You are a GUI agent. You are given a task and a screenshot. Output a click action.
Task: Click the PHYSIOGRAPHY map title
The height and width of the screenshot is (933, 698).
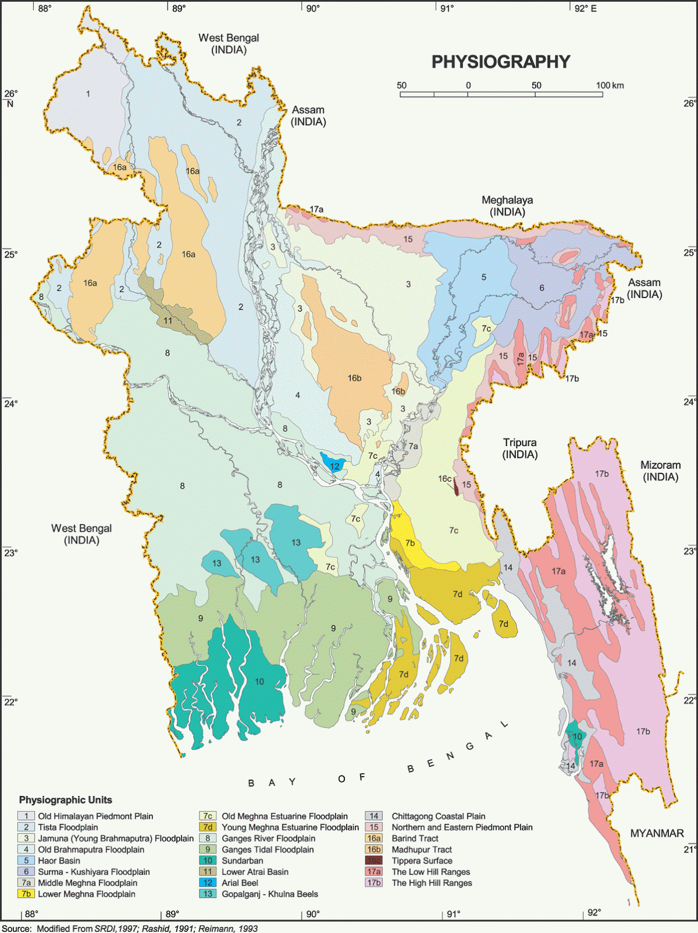(x=500, y=62)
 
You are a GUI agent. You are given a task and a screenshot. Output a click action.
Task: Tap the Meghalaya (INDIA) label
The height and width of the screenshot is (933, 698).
(x=507, y=206)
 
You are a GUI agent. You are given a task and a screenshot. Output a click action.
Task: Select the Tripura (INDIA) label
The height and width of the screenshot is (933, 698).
(x=519, y=448)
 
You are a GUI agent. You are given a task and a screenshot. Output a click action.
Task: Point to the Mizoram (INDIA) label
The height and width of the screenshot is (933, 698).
(x=660, y=471)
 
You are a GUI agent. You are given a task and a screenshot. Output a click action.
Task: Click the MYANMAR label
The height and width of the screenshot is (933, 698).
(x=657, y=833)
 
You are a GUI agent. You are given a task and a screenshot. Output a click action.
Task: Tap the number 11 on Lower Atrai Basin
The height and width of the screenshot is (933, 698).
(x=168, y=321)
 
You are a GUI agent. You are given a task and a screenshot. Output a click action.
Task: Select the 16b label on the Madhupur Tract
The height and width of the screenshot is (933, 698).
(x=354, y=378)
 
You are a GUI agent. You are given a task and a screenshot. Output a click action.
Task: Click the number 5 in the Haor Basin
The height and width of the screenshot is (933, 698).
(x=483, y=277)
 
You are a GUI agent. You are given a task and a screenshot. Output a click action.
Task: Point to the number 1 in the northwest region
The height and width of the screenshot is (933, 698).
(x=88, y=93)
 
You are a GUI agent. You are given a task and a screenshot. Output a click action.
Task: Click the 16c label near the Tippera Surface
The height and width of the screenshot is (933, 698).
(x=445, y=479)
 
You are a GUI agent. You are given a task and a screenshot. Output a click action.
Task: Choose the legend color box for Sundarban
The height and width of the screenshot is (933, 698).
(x=208, y=861)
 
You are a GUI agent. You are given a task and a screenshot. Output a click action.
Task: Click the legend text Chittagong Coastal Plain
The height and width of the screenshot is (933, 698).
(x=438, y=816)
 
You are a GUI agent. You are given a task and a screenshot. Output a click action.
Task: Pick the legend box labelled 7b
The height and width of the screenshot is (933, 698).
(x=26, y=894)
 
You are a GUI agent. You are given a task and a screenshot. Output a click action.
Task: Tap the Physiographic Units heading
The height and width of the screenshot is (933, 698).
(x=65, y=800)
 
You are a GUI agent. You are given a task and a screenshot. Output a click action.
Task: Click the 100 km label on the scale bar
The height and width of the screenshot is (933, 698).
(x=609, y=85)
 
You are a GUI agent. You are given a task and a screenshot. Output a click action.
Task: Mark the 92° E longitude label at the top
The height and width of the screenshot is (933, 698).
(x=585, y=9)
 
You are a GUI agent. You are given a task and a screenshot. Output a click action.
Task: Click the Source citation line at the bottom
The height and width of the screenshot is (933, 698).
(x=130, y=928)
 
